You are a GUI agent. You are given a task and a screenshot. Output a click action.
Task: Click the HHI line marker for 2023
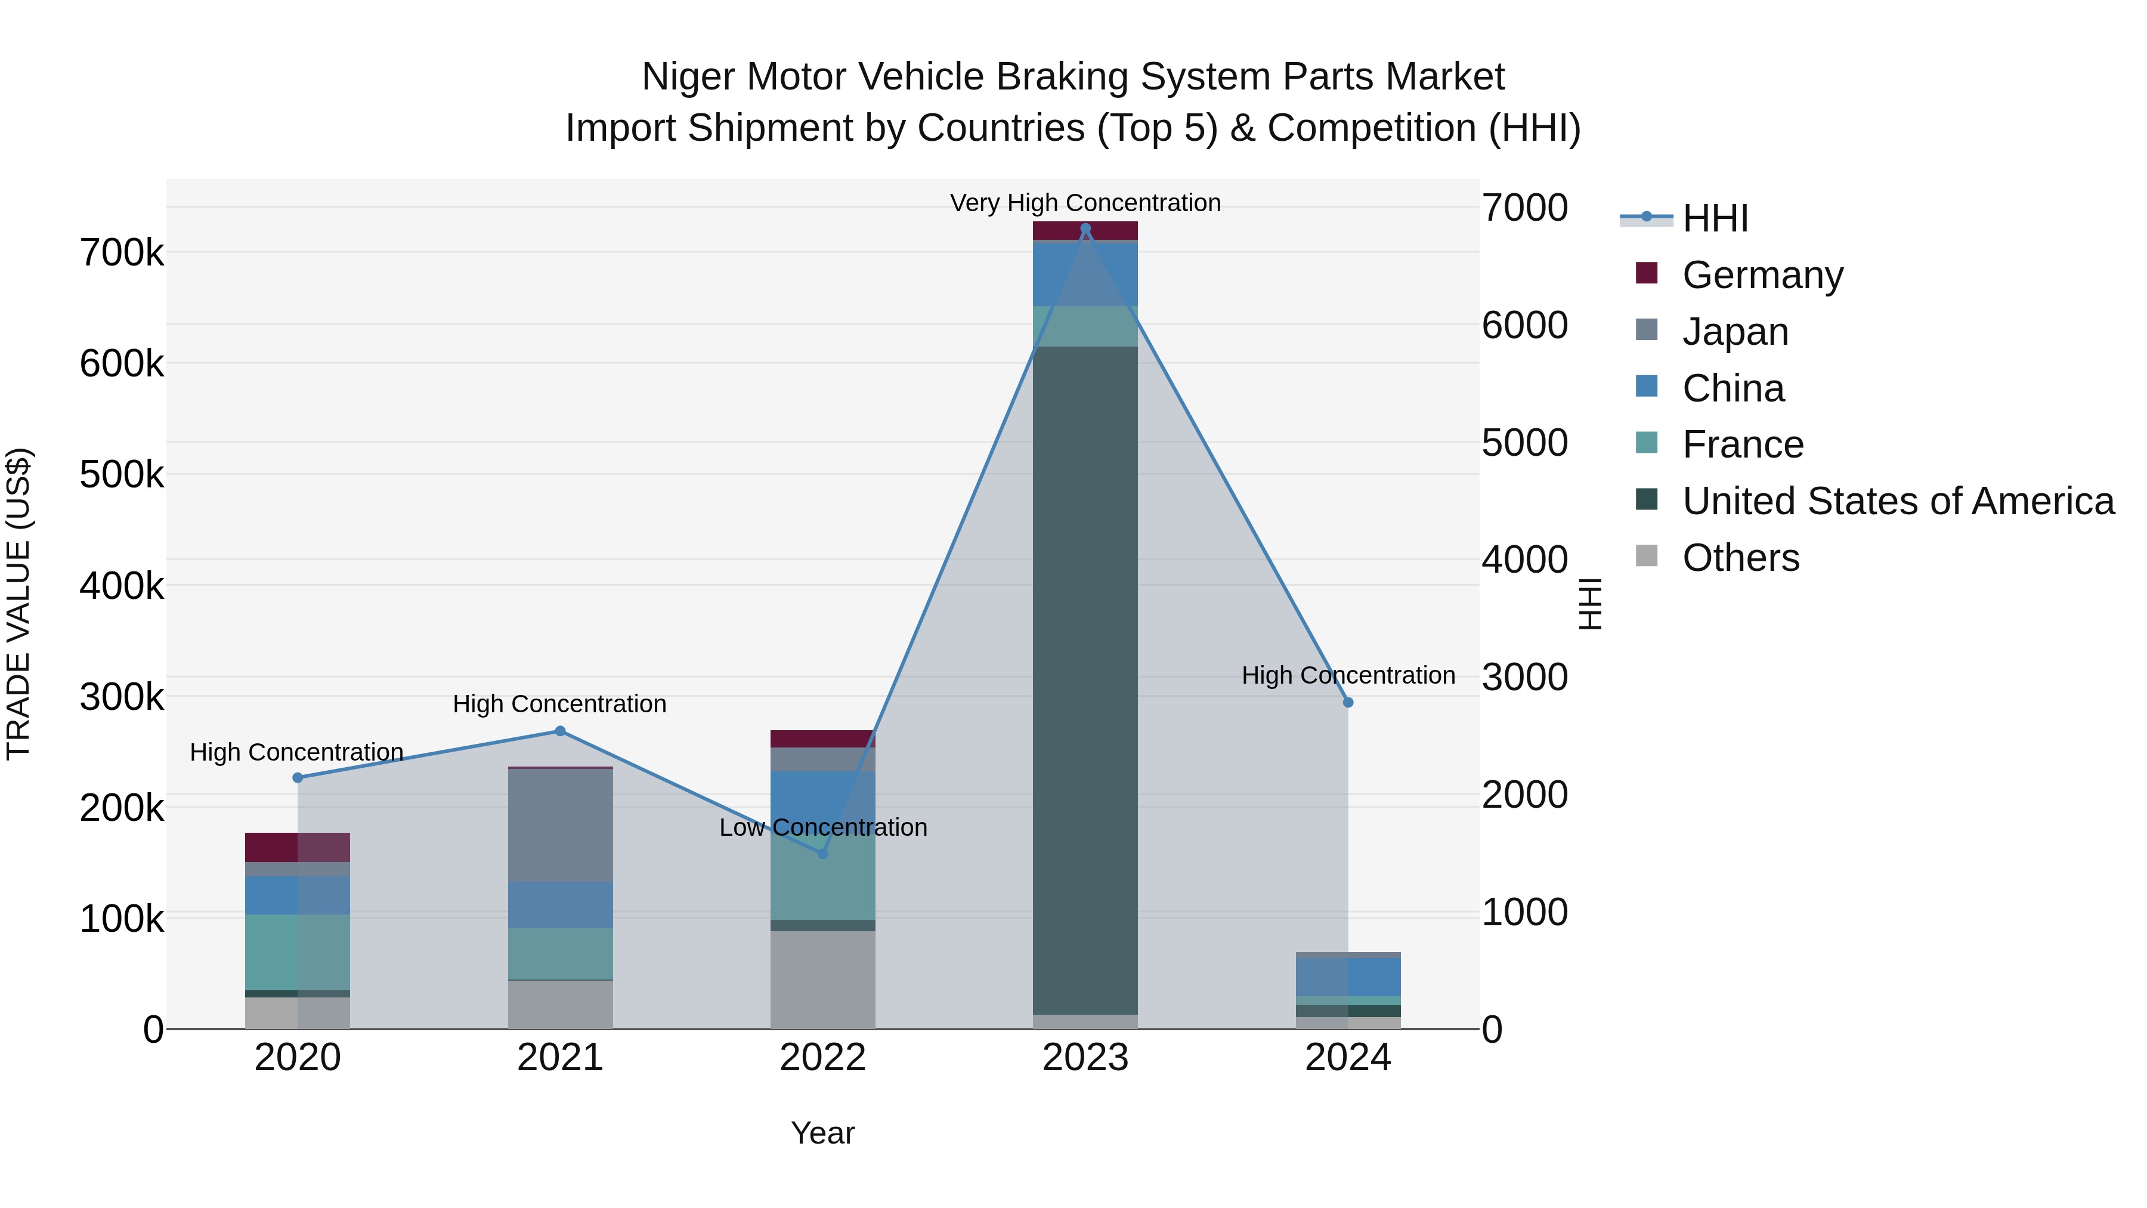click(x=1085, y=228)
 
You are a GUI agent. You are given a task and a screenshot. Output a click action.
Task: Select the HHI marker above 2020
click(x=298, y=778)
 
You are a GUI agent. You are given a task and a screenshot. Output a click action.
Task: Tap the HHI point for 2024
click(x=1348, y=703)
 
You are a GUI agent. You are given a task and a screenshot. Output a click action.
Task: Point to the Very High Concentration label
click(x=1085, y=203)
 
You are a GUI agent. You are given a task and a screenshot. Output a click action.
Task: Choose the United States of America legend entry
click(x=1898, y=501)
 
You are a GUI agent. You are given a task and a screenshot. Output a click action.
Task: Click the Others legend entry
click(x=1740, y=558)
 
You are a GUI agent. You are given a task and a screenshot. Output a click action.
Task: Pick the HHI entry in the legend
click(x=1715, y=218)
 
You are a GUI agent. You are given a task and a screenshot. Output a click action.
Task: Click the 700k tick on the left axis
click(x=122, y=252)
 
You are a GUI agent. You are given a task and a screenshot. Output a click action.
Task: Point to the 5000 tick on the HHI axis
click(x=1524, y=443)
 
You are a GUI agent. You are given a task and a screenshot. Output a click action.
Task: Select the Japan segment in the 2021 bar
click(x=560, y=826)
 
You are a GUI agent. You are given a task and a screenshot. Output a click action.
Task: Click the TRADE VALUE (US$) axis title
click(x=18, y=604)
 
